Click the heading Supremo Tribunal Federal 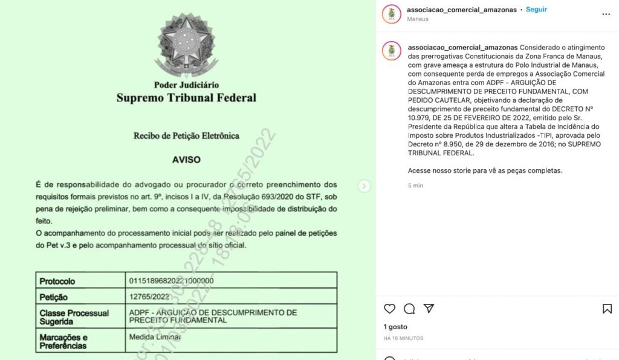pyautogui.click(x=186, y=98)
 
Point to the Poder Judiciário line pyautogui.click(x=186, y=85)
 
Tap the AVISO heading pyautogui.click(x=186, y=160)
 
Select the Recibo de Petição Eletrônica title pyautogui.click(x=186, y=136)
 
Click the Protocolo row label pyautogui.click(x=57, y=281)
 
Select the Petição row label pyautogui.click(x=54, y=297)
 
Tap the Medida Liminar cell pyautogui.click(x=155, y=337)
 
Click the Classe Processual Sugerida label pyautogui.click(x=74, y=317)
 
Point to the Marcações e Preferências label pyautogui.click(x=64, y=341)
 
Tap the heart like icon pyautogui.click(x=390, y=309)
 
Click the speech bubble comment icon pyautogui.click(x=409, y=309)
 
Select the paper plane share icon pyautogui.click(x=429, y=309)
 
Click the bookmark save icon pyautogui.click(x=607, y=309)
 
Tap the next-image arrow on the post pyautogui.click(x=364, y=186)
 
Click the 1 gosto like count pyautogui.click(x=396, y=327)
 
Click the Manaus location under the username pyautogui.click(x=418, y=19)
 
